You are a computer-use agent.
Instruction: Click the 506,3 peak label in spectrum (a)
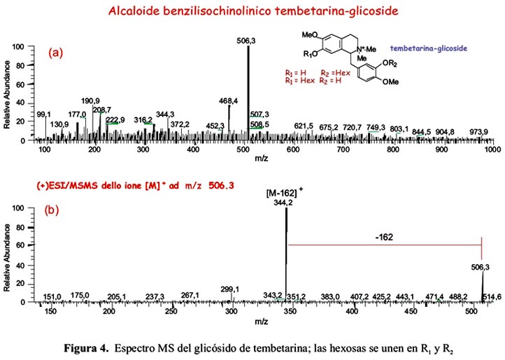click(x=246, y=41)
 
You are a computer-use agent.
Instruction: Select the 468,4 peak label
click(x=229, y=101)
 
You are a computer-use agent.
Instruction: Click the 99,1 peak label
click(x=44, y=114)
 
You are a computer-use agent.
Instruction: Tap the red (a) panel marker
click(x=56, y=52)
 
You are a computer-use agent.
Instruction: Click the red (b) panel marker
click(x=52, y=210)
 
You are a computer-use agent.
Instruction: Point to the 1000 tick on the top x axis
click(x=492, y=149)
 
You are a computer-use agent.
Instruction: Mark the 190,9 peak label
click(x=91, y=101)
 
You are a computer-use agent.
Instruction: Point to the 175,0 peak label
click(x=80, y=296)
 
